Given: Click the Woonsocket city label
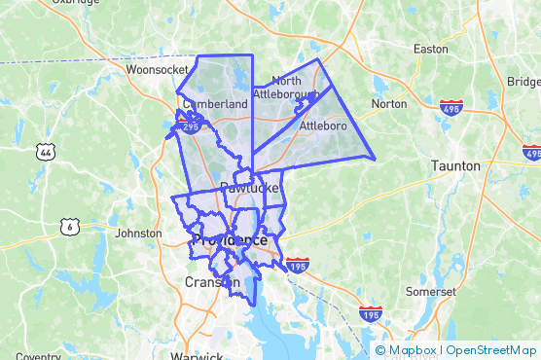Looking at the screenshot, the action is tap(157, 70).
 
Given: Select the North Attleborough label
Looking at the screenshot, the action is tap(286, 87).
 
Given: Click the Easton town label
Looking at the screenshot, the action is tap(430, 48).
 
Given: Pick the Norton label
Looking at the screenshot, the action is tap(389, 103).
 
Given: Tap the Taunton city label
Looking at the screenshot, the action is tap(455, 166).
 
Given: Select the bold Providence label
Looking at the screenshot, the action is tap(230, 240).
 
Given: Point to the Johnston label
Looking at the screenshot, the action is tap(138, 234).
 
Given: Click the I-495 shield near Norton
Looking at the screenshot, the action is tap(451, 107).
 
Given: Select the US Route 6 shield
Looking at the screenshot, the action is tap(69, 227).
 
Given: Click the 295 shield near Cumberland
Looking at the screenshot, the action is tap(190, 126).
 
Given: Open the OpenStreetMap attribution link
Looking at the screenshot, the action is tap(492, 350).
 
